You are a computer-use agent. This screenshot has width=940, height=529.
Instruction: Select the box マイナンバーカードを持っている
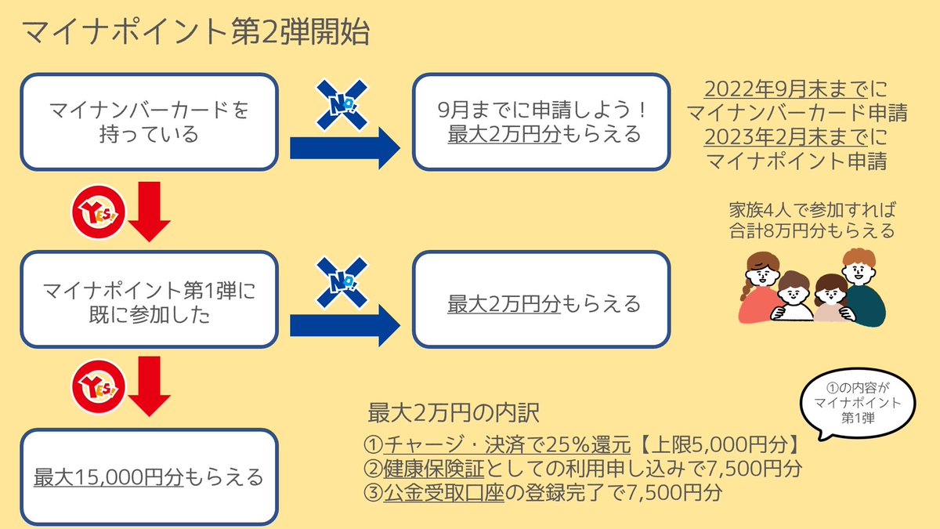[x=149, y=121]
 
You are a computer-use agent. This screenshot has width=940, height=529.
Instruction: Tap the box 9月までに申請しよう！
[x=541, y=121]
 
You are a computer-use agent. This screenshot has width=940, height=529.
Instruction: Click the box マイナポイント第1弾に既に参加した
[x=149, y=299]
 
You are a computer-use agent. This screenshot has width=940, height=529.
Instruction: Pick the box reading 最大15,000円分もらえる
[x=149, y=476]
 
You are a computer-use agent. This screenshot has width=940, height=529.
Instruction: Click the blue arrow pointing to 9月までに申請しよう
[x=345, y=147]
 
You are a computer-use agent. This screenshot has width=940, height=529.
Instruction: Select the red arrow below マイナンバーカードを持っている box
[x=149, y=209]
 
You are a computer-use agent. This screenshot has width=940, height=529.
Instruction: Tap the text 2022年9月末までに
[x=797, y=88]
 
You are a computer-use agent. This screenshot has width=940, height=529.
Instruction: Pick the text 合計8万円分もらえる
[x=812, y=231]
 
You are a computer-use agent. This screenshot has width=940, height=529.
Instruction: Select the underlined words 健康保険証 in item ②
[x=434, y=469]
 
